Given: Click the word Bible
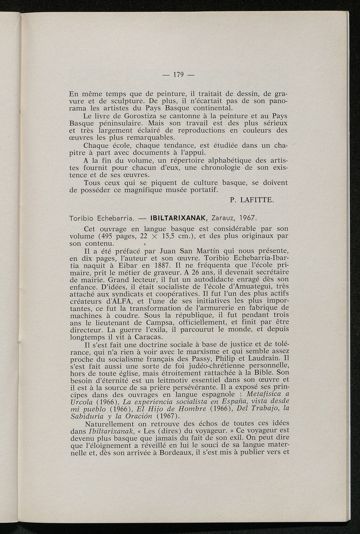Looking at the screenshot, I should tap(268, 373).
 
